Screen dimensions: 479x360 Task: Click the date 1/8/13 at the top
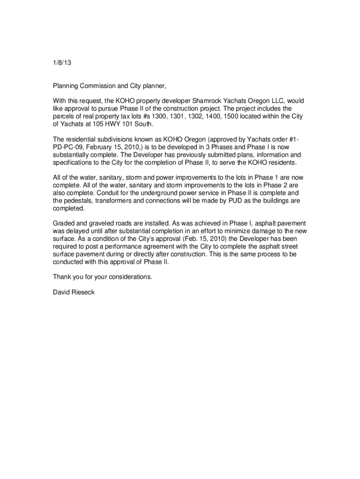click(61, 62)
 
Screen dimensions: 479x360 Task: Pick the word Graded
click(63, 224)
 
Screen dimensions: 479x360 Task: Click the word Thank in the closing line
click(62, 277)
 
